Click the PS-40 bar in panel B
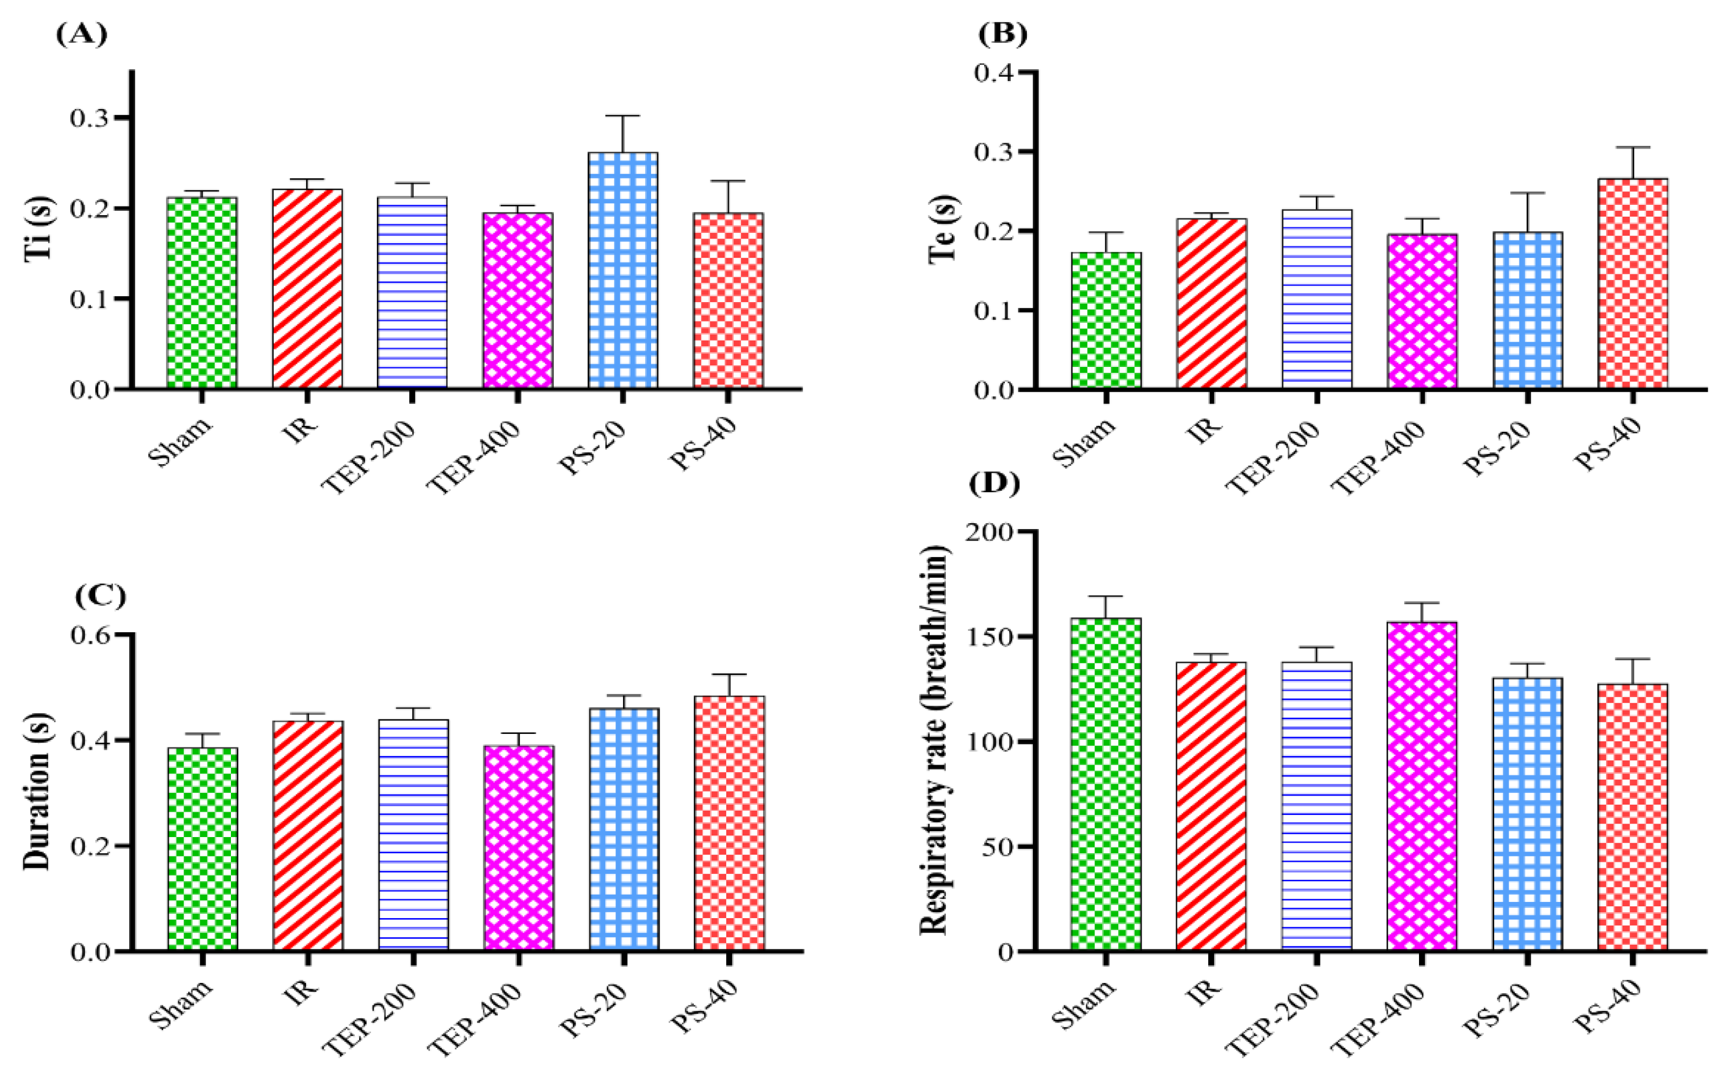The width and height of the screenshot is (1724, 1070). [1633, 283]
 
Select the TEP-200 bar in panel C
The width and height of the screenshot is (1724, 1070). [413, 835]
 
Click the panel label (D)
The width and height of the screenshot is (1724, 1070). [996, 484]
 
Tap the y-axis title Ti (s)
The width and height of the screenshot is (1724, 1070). [39, 230]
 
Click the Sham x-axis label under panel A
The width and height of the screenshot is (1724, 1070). [181, 444]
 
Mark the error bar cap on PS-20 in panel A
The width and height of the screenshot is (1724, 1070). [622, 115]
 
